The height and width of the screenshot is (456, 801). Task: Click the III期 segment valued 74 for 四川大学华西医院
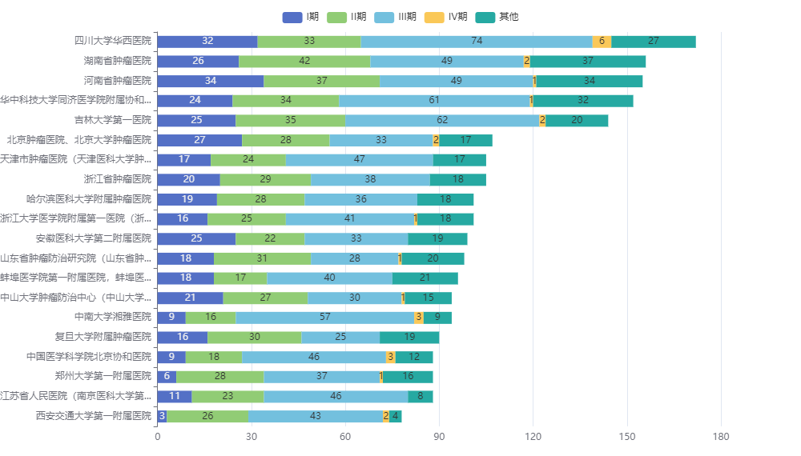point(477,42)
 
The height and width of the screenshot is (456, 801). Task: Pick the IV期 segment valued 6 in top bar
point(602,42)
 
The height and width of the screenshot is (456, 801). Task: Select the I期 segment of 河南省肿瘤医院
point(211,81)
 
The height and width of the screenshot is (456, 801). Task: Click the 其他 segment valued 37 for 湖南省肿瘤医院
point(588,61)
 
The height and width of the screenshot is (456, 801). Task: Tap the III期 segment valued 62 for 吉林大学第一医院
point(442,120)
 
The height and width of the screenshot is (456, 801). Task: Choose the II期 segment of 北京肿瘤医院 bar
point(286,140)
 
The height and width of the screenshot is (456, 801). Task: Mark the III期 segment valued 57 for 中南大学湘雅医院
point(325,317)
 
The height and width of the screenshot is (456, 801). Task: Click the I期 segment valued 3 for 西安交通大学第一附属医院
point(162,415)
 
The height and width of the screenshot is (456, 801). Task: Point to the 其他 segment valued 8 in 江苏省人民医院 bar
point(421,396)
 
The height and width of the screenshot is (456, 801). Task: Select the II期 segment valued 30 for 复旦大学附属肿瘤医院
point(255,337)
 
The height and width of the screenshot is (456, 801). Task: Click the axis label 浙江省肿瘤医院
point(117,179)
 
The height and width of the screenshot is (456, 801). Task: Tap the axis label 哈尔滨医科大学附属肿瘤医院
point(88,199)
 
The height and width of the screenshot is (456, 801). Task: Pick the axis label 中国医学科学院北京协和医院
point(88,357)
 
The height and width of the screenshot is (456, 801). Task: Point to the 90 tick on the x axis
point(439,437)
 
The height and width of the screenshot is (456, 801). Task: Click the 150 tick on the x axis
point(627,437)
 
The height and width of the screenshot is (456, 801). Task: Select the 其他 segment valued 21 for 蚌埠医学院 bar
point(425,278)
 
